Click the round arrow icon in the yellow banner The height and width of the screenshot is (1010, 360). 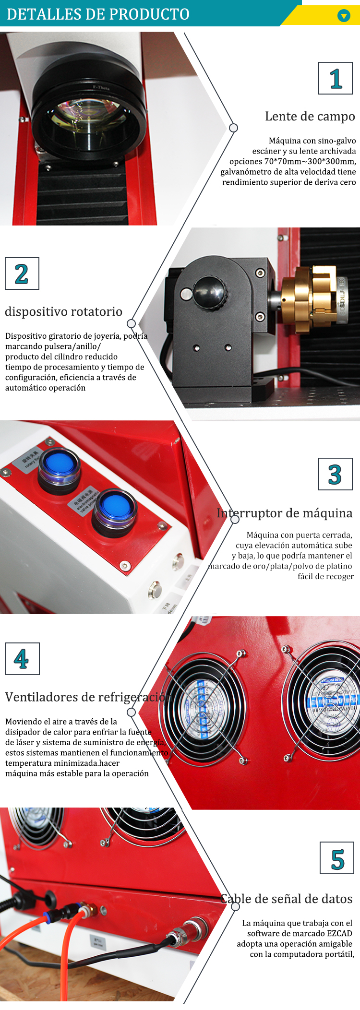click(344, 16)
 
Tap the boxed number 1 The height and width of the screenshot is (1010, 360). click(336, 78)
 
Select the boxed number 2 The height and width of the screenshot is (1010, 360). click(22, 274)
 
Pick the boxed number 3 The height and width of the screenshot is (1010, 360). click(335, 474)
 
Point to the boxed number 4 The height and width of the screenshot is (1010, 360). click(22, 659)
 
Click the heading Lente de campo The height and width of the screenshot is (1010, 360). click(310, 117)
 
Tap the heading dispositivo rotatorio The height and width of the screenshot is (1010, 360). click(63, 312)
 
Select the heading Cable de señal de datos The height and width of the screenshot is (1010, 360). click(287, 899)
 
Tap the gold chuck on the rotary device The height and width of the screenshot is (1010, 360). click(307, 298)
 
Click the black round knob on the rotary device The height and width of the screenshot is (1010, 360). click(209, 292)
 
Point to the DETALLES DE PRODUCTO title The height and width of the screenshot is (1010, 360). click(98, 14)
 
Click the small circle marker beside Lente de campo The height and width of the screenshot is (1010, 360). click(234, 128)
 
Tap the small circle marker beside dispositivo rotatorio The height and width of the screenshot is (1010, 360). click(131, 323)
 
